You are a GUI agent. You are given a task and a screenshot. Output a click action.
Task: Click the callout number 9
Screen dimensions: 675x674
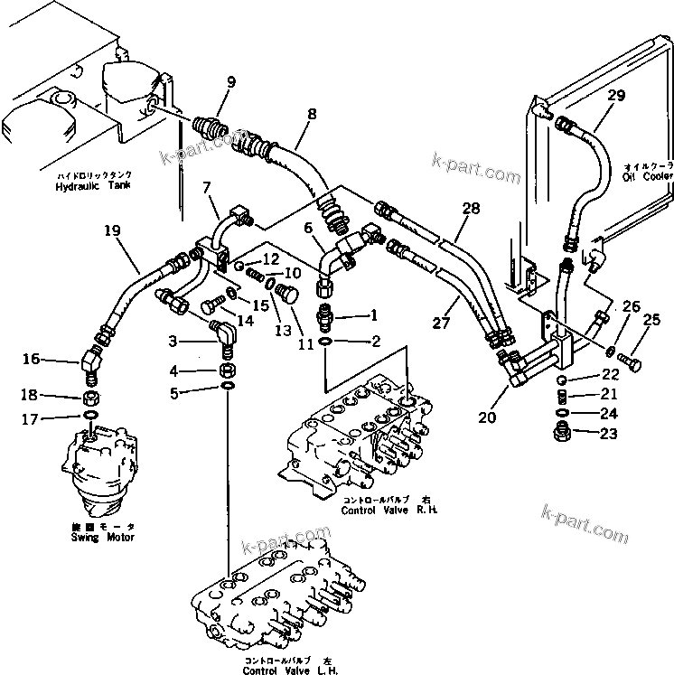coord(230,82)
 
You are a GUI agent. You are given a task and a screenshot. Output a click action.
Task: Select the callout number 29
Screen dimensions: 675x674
coord(615,96)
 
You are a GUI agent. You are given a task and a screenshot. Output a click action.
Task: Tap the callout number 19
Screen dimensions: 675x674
coord(113,230)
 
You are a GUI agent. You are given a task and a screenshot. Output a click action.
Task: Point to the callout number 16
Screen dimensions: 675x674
coord(32,360)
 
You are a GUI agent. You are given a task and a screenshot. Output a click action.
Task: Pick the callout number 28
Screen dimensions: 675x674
coord(471,210)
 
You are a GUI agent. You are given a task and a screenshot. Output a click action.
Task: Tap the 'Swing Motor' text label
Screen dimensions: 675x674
coord(102,538)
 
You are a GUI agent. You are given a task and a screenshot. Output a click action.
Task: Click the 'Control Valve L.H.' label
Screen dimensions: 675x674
coord(277,670)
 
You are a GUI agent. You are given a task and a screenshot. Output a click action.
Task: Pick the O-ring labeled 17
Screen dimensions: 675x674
coord(92,416)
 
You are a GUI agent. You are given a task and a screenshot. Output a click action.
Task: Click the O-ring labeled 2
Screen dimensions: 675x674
coord(325,342)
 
